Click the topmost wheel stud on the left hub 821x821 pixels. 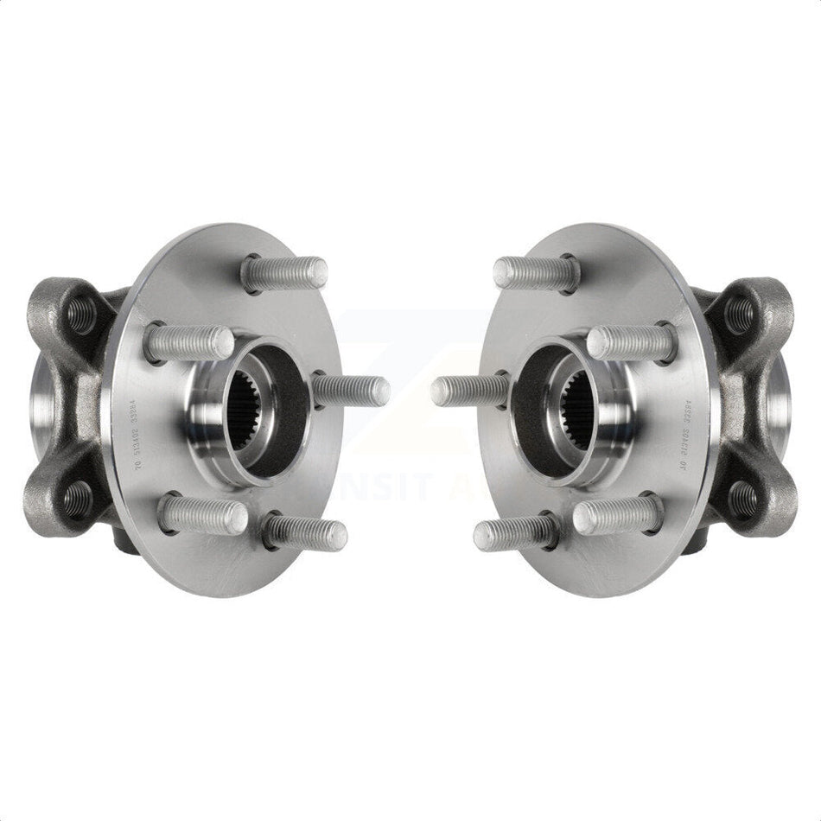click(285, 273)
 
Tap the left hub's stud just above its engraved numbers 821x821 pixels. click(189, 342)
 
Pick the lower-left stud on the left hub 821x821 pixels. click(204, 516)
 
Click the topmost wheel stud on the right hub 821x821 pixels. click(537, 273)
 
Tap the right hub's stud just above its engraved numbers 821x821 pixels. click(632, 342)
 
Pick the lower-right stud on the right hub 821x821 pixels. click(617, 516)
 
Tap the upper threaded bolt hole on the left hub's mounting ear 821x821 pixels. click(80, 315)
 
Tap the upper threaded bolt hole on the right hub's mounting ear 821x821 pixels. click(741, 315)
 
